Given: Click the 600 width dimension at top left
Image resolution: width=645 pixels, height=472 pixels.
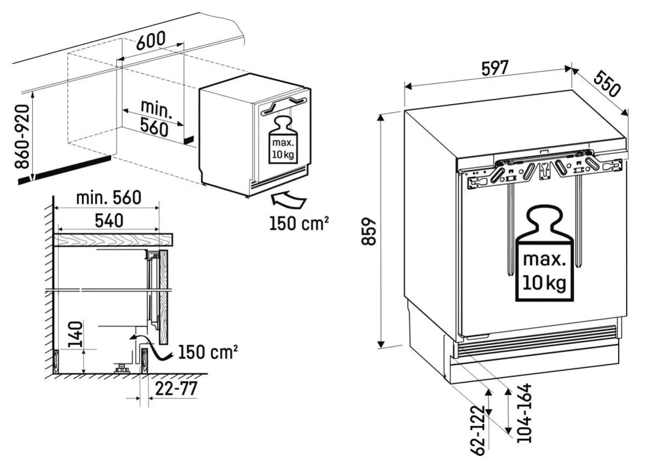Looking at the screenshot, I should (150, 41).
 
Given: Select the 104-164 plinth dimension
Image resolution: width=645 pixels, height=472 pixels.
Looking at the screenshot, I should (523, 413).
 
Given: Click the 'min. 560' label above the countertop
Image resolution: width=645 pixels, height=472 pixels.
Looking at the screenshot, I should (109, 198).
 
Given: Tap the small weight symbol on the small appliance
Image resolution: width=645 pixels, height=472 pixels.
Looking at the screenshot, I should (282, 139).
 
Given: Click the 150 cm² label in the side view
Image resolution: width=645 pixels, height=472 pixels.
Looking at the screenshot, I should (208, 352).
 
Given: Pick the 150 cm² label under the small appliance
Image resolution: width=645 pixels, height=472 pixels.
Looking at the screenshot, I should (299, 223).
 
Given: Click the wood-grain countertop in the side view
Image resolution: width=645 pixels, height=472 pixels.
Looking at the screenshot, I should (113, 239).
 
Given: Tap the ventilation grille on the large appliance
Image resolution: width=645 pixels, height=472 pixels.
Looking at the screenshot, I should (535, 341).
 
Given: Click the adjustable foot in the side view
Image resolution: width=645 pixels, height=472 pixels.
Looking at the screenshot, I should (122, 368).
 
